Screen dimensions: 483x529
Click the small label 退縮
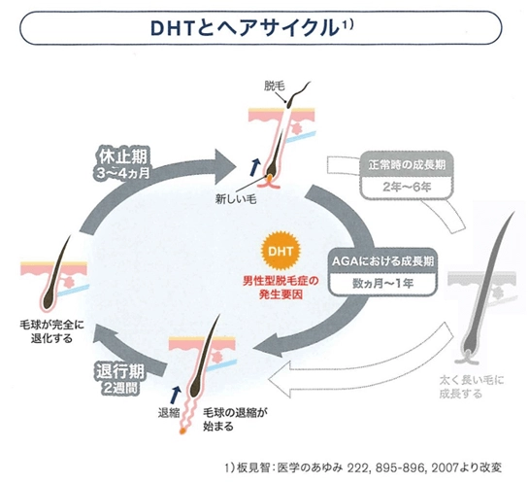(170, 412)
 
